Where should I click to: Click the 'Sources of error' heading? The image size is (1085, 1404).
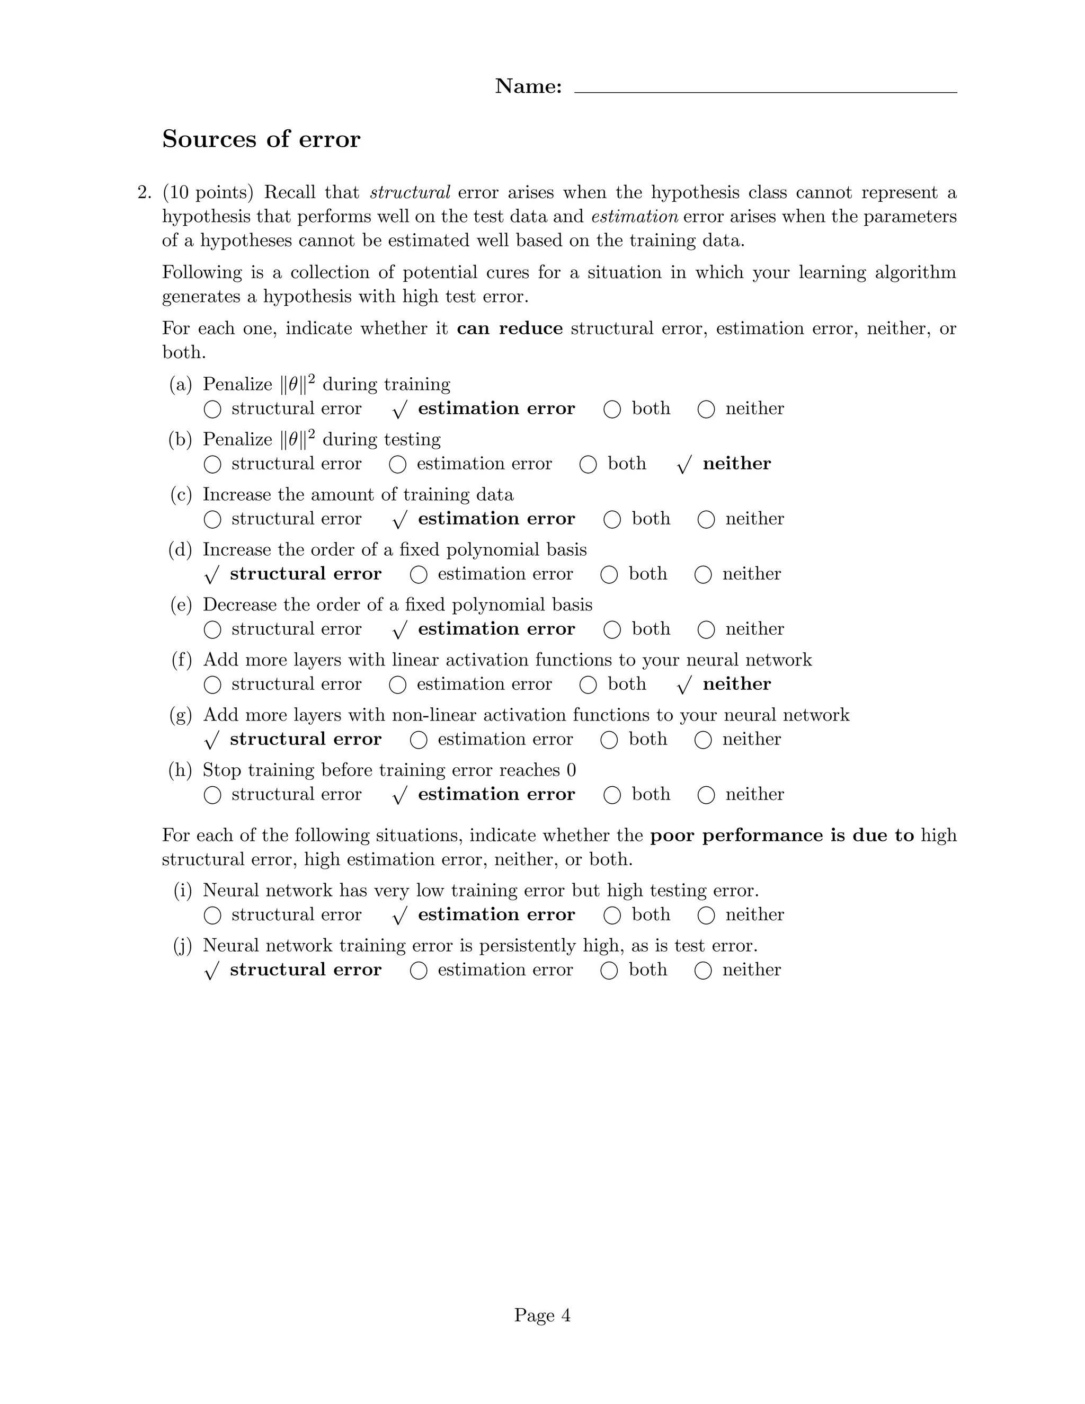point(261,139)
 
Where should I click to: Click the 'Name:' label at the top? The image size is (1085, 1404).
point(528,86)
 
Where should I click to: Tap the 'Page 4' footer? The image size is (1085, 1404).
point(542,1316)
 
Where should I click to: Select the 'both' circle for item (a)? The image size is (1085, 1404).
point(612,410)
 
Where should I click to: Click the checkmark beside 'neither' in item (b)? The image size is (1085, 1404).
point(684,465)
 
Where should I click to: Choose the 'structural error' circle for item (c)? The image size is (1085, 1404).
point(212,519)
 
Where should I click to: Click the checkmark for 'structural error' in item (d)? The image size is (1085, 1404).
point(211,575)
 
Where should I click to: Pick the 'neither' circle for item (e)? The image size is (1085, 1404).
point(706,630)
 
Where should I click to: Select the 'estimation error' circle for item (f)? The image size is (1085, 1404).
point(397,685)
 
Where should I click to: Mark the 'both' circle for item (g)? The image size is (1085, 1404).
point(609,740)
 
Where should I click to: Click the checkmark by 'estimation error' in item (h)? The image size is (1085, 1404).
point(399,796)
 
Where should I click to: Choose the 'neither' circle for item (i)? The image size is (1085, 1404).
point(706,916)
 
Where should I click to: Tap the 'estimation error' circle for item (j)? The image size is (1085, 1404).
point(419,971)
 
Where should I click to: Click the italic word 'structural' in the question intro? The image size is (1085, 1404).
point(410,193)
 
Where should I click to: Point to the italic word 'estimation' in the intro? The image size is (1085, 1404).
point(634,217)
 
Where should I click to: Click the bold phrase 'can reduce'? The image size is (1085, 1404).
point(509,328)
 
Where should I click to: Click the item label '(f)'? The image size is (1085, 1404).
point(182,660)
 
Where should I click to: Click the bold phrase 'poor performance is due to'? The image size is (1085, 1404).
point(781,836)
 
